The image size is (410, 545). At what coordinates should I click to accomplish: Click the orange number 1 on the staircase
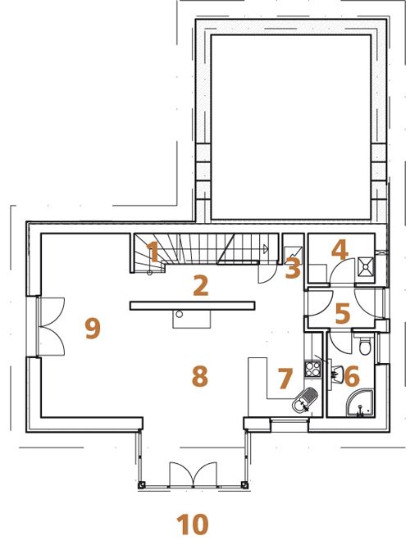point(153,252)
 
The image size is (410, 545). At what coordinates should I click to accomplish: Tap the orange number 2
point(201,285)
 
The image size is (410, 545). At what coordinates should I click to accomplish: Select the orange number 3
point(293,268)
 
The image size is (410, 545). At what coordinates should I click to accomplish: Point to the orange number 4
point(339,250)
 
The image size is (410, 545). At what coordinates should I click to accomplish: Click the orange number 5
point(343,313)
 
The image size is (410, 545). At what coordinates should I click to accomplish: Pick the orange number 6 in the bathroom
point(352,377)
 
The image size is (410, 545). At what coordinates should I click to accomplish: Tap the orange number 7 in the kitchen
point(285,378)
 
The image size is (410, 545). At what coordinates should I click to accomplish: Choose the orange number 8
point(200,375)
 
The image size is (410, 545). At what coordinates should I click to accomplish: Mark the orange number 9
point(93,328)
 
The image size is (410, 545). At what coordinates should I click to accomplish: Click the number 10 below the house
point(193,525)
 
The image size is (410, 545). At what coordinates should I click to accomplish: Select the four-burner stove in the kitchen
point(312,369)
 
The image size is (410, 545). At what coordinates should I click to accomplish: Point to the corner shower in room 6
point(361,403)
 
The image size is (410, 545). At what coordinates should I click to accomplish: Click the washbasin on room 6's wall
point(336,375)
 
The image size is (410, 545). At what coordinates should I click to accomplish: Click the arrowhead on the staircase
point(266,249)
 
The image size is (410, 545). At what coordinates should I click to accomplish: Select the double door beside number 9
point(52,326)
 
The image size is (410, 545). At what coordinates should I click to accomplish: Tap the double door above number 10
point(193,474)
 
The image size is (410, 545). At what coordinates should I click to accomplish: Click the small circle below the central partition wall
point(180,314)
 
